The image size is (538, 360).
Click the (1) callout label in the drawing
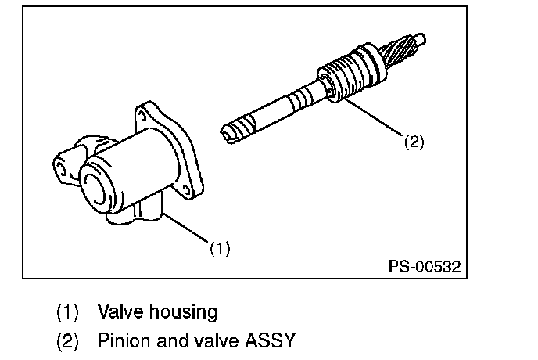click(220, 249)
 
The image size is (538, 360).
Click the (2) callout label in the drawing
click(414, 142)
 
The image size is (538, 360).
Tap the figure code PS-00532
click(425, 267)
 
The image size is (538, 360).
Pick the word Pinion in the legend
click(120, 341)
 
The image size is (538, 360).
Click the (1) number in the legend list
click(68, 311)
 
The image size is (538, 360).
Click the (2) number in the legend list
click(68, 341)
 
